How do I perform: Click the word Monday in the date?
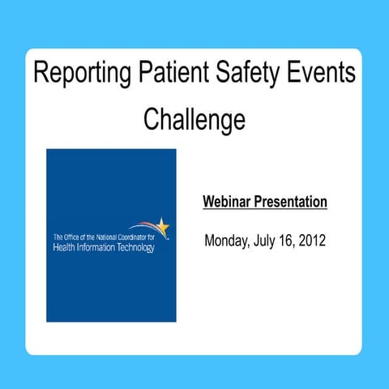point(229,242)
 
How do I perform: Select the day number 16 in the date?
point(292,242)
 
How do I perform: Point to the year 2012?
point(314,242)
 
